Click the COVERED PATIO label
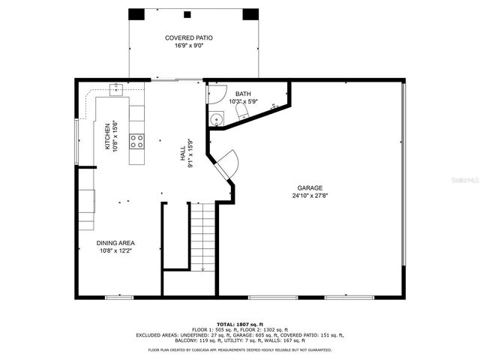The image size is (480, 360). [x=188, y=37]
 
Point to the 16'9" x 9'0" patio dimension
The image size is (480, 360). [x=188, y=45]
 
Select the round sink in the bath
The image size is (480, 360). [x=217, y=118]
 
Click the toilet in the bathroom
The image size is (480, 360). [x=242, y=112]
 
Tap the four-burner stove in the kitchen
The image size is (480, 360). [x=137, y=140]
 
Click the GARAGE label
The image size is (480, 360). [x=309, y=188]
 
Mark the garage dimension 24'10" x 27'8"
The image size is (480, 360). [x=309, y=196]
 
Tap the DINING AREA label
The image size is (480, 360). [x=115, y=243]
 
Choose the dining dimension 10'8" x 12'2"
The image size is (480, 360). [x=115, y=251]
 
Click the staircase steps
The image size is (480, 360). [x=202, y=236]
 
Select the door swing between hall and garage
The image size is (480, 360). [x=228, y=164]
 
